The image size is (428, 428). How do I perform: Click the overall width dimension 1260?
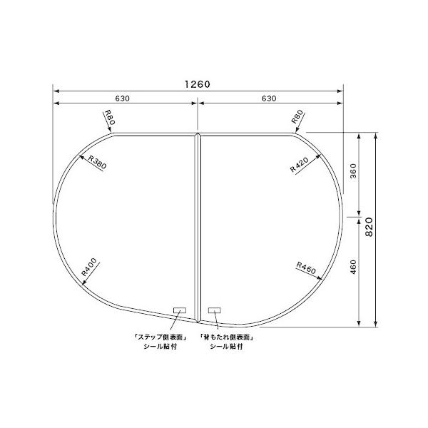198,84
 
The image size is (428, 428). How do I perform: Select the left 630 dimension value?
122,98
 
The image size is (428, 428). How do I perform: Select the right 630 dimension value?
269,98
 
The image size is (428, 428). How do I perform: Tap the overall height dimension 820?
369,227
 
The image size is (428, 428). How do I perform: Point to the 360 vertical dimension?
353,171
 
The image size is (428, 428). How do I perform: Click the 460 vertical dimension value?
353,267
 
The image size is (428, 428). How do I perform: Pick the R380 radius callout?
98,162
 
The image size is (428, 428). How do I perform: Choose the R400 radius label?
89,267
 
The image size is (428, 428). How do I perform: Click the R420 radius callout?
299,165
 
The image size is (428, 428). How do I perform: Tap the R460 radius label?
306,267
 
